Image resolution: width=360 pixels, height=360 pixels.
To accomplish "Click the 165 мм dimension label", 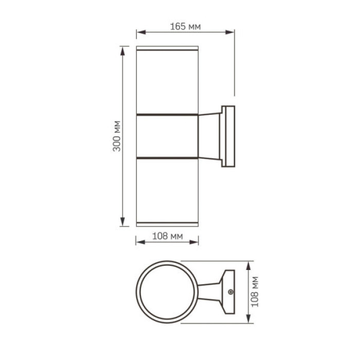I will point(185,26).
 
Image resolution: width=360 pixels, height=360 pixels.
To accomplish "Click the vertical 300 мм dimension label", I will point(117,136).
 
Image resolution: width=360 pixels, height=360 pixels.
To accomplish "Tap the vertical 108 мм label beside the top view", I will point(256,292).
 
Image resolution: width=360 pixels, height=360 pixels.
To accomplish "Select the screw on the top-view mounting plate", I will point(230,292).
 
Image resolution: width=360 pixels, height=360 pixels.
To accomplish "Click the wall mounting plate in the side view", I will point(228,136).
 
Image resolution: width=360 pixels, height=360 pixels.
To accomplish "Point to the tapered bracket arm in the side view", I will point(209,136).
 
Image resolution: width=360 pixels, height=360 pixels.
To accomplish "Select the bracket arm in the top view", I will point(209,292).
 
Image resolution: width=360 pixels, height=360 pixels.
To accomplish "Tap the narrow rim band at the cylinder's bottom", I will point(167,224).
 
